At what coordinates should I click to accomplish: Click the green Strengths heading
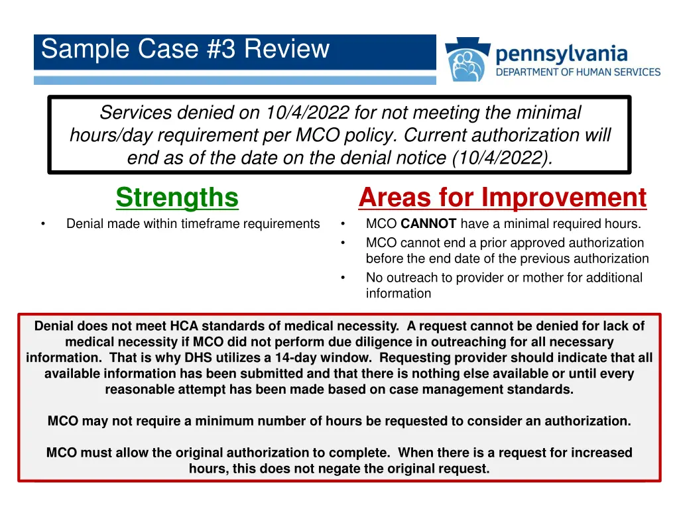pos(177,198)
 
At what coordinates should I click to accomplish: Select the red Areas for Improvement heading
pos(502,198)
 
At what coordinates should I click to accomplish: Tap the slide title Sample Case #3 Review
pos(185,50)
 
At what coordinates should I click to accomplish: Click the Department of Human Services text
pos(578,72)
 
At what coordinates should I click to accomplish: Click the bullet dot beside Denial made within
pos(42,224)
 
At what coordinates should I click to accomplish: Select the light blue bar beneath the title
pos(235,80)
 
